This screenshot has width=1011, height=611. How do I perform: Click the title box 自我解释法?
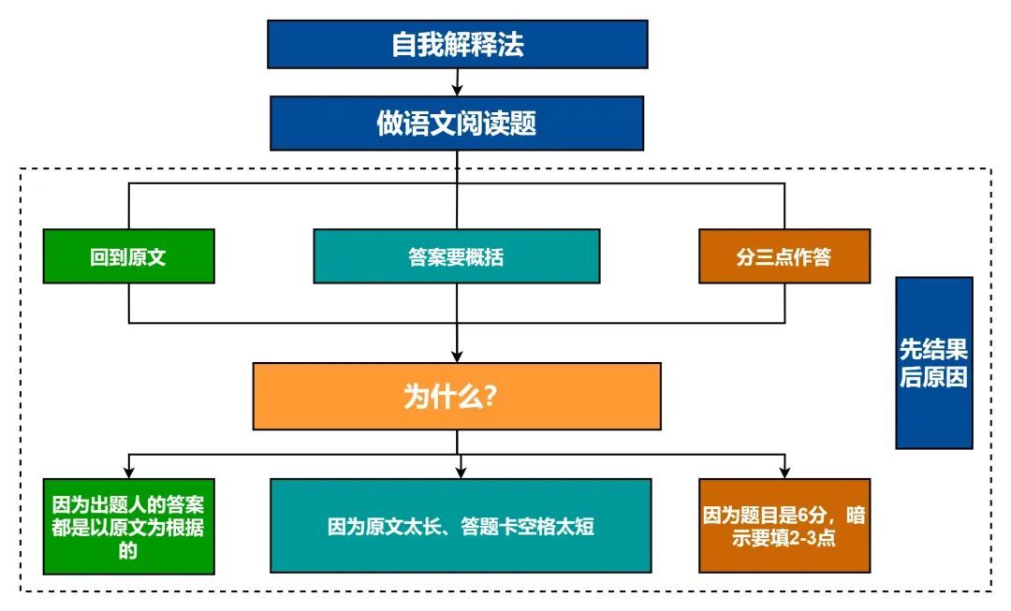pos(457,44)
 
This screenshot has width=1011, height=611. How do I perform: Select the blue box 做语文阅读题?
pos(457,124)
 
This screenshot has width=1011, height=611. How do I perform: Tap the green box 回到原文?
pos(128,256)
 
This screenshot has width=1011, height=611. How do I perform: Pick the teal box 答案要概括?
pos(456,256)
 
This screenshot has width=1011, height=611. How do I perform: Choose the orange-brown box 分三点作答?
pos(784,256)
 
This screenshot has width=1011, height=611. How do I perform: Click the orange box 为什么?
pos(456,396)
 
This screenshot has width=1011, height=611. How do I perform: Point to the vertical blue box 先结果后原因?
pos(933,363)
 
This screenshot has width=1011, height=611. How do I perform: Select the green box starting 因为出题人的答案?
pos(128,526)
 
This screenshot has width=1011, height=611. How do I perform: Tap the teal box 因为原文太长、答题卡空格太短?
pos(460,526)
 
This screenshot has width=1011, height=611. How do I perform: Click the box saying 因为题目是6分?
pos(784,526)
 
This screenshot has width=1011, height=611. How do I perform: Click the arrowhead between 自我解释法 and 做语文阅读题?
pos(457,90)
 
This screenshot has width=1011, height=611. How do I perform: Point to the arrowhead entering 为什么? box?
pos(457,356)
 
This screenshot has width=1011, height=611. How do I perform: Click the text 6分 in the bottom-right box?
pos(825,515)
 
